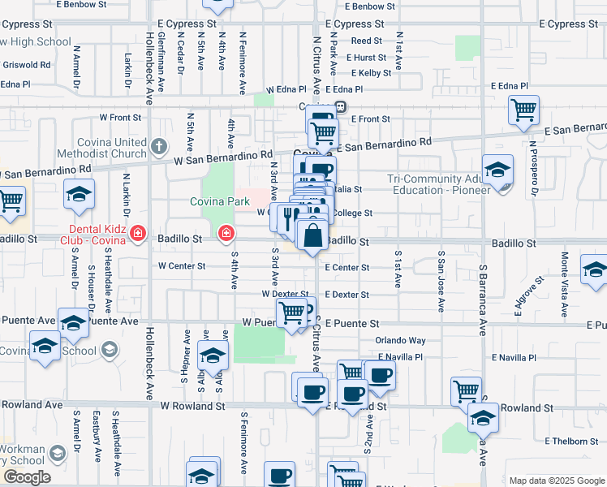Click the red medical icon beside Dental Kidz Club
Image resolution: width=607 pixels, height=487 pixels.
point(138,235)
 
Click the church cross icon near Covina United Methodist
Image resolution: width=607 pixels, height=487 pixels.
point(159,148)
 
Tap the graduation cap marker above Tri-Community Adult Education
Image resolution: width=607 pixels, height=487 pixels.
point(497,170)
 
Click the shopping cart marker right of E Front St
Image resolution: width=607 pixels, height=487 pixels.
point(523,110)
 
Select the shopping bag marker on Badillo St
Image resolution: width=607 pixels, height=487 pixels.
point(312,237)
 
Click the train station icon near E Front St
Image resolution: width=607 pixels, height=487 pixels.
point(342,106)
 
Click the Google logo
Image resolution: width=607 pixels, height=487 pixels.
point(26,477)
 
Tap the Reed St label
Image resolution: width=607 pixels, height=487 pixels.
point(366,41)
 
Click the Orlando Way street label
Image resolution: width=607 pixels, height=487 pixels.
point(400,340)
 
